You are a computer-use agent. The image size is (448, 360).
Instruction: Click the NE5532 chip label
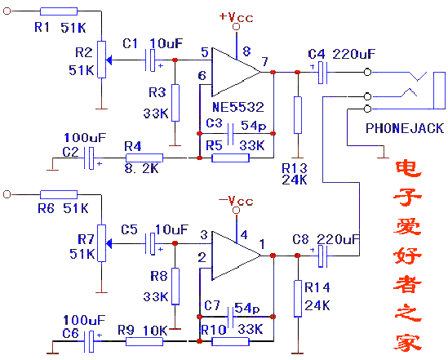click(238, 107)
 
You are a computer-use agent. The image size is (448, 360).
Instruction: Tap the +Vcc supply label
click(236, 17)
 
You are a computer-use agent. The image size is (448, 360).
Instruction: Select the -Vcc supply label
click(236, 201)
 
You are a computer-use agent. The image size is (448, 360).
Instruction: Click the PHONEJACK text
click(405, 128)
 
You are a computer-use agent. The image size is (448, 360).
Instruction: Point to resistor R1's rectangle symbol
click(59, 11)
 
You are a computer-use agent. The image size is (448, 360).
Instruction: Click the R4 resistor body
click(144, 158)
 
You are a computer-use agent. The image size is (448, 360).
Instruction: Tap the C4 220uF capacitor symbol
click(322, 73)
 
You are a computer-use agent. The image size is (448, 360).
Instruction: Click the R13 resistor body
click(298, 115)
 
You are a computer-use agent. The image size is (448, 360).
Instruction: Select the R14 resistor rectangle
click(298, 299)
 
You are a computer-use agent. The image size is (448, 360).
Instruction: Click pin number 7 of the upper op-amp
click(265, 61)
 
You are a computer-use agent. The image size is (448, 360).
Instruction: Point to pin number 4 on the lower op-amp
click(244, 235)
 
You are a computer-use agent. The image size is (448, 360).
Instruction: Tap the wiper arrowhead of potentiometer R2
click(109, 60)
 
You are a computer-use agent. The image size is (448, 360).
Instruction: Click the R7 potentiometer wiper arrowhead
click(109, 244)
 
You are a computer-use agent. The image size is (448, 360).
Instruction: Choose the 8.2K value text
click(141, 168)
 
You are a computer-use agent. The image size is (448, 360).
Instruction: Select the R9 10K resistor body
click(144, 341)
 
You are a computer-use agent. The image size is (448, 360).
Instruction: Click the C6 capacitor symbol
click(89, 341)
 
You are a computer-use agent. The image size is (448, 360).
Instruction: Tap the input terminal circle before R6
click(7, 194)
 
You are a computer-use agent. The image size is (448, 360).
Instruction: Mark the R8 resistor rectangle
click(175, 287)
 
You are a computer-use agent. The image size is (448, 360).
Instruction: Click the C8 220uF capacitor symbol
click(322, 256)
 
